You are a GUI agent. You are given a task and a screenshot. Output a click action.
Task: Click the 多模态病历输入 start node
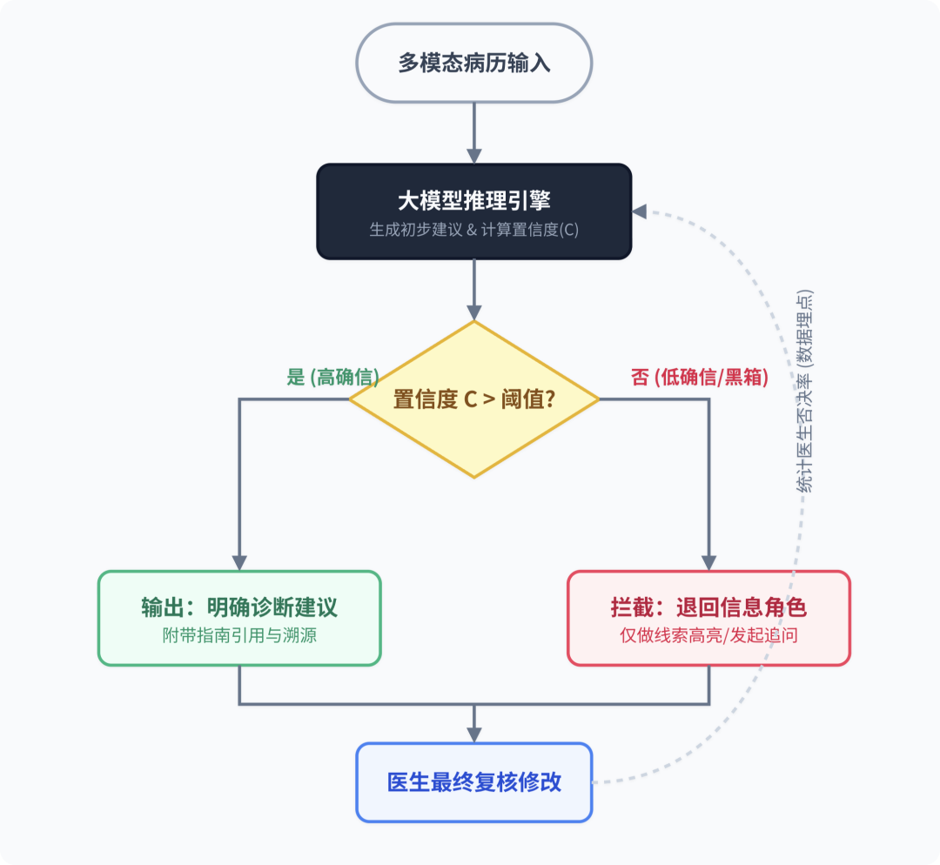click(474, 64)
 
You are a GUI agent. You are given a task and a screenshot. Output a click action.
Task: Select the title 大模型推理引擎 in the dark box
click(474, 201)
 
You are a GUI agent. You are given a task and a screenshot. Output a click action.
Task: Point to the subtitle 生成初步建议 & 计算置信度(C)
click(474, 231)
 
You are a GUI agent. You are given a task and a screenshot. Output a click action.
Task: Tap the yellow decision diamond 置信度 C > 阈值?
click(474, 399)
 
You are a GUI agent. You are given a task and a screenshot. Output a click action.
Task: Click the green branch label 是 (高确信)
click(333, 377)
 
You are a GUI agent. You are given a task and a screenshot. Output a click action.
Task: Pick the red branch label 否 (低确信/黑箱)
click(699, 377)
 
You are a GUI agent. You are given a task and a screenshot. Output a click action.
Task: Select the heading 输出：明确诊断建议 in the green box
click(238, 607)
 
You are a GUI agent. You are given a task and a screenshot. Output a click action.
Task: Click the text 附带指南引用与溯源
click(238, 635)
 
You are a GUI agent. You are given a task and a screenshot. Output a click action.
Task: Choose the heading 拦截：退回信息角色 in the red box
click(708, 607)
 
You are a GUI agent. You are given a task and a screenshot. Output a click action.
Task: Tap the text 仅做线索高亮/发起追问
click(708, 635)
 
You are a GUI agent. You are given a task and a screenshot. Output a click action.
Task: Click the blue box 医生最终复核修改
click(474, 781)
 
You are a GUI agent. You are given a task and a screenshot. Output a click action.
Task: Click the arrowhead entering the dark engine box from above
click(474, 156)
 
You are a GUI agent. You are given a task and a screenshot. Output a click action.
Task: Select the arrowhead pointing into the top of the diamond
click(474, 312)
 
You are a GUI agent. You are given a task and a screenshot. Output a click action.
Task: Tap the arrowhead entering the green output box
click(238, 562)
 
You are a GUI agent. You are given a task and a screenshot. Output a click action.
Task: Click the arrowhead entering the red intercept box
click(708, 562)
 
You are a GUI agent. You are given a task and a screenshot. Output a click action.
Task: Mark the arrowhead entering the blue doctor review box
click(474, 734)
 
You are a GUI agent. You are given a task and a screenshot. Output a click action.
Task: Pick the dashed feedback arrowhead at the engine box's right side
click(640, 211)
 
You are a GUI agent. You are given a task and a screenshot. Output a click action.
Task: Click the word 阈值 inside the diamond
click(526, 399)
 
